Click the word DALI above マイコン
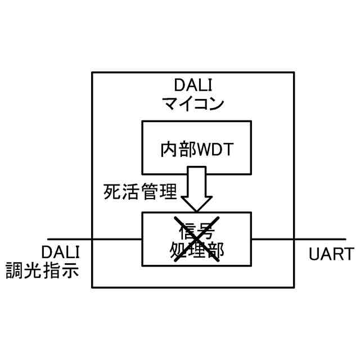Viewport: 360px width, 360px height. point(192,86)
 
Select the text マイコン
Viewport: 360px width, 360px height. point(192,104)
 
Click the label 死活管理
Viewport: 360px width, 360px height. point(140,192)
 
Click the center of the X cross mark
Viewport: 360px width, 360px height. point(196,239)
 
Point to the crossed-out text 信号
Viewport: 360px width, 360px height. point(196,229)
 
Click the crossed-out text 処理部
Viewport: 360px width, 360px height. point(196,250)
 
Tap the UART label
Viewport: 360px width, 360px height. point(331,254)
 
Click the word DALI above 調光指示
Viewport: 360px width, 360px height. point(60,252)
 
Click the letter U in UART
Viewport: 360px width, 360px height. point(314,254)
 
